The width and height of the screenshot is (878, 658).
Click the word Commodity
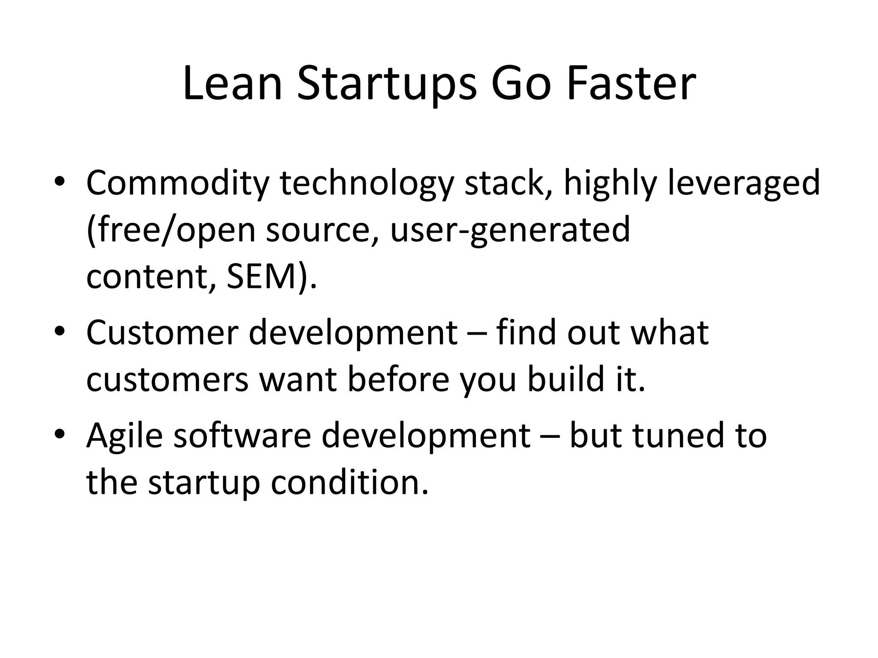click(177, 183)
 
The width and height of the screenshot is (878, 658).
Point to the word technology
click(367, 183)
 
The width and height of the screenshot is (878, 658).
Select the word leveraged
click(743, 183)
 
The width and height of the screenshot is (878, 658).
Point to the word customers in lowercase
click(167, 380)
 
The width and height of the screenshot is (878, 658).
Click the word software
click(242, 436)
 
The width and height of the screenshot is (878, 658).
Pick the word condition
click(349, 483)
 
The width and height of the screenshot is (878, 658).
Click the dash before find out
click(476, 334)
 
